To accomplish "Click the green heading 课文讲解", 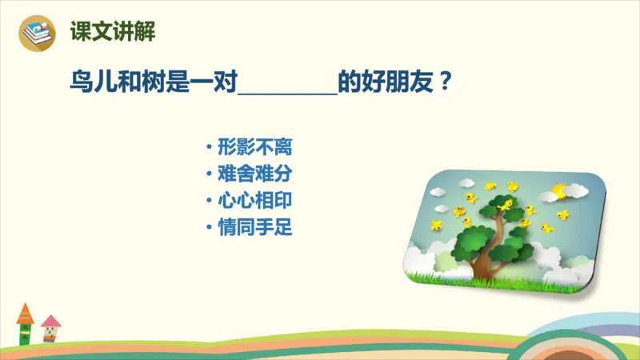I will click(x=112, y=32).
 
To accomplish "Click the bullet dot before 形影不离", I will click(x=210, y=148).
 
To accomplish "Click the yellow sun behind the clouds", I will click(x=558, y=190).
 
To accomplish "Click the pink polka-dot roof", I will click(x=50, y=322).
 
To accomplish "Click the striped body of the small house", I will click(x=51, y=336).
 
